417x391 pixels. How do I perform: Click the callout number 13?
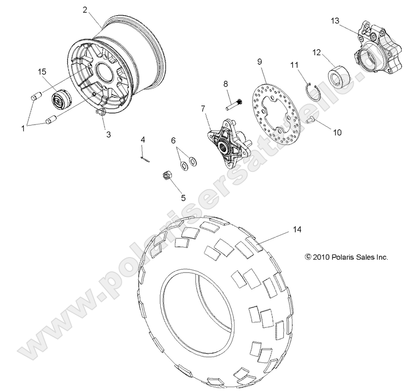coord(336,20)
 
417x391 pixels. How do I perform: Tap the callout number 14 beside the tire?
coord(297,229)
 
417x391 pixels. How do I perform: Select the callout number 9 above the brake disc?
coord(260,61)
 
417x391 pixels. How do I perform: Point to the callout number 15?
coord(42,71)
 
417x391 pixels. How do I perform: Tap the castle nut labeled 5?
coord(167,176)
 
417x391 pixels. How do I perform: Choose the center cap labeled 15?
coord(59,101)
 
